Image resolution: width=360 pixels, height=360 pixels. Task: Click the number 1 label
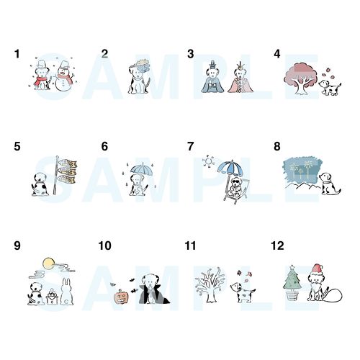[17, 54]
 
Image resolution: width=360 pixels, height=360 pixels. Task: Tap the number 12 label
[277, 246]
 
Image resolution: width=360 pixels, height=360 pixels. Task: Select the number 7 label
[190, 146]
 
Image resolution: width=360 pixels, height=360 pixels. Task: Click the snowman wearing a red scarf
[64, 76]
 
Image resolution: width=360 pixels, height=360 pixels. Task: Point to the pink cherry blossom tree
[300, 77]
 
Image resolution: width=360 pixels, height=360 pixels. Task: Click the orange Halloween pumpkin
[121, 297]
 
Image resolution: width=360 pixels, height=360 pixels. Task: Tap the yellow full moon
[48, 264]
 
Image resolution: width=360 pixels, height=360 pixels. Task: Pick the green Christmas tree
[292, 282]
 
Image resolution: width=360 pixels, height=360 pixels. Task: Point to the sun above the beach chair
[208, 161]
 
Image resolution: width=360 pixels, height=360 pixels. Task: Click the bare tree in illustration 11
[210, 284]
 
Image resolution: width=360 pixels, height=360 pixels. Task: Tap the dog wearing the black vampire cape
[152, 289]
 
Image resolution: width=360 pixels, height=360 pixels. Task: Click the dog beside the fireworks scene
[328, 184]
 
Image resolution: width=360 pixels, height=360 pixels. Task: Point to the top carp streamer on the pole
[68, 163]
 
